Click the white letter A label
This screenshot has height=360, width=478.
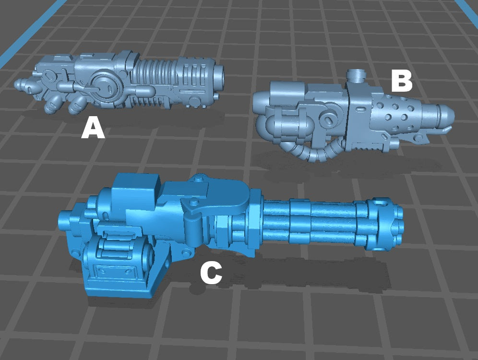[93, 129]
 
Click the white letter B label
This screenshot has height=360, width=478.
[402, 81]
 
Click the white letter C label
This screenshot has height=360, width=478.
[211, 274]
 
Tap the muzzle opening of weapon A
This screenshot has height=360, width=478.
[220, 73]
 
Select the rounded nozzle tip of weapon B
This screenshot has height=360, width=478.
[446, 116]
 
